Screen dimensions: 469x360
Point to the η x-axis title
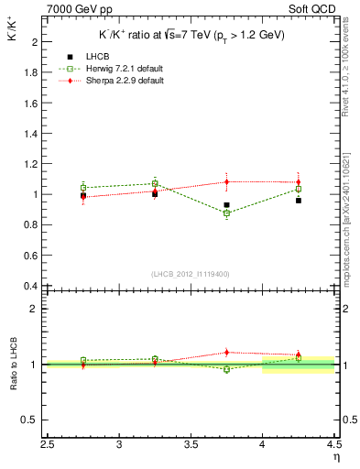pos(335,456)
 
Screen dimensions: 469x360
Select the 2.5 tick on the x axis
pos(48,446)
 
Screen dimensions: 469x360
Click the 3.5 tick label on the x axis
pos(191,446)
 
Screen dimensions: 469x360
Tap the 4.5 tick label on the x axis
pos(333,446)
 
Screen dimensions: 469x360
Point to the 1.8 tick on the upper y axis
pos(31,72)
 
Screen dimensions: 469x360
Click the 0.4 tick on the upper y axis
pos(31,286)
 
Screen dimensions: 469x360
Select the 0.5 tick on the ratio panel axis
pos(31,420)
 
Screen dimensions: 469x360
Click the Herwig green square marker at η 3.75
pos(226,213)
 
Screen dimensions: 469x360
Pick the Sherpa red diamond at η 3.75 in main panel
pos(226,181)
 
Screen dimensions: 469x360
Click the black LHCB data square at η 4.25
pos(299,200)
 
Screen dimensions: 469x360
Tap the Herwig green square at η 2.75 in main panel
pos(83,187)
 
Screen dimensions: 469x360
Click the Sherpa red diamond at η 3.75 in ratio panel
pos(226,352)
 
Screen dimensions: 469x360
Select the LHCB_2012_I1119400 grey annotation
pos(191,274)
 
